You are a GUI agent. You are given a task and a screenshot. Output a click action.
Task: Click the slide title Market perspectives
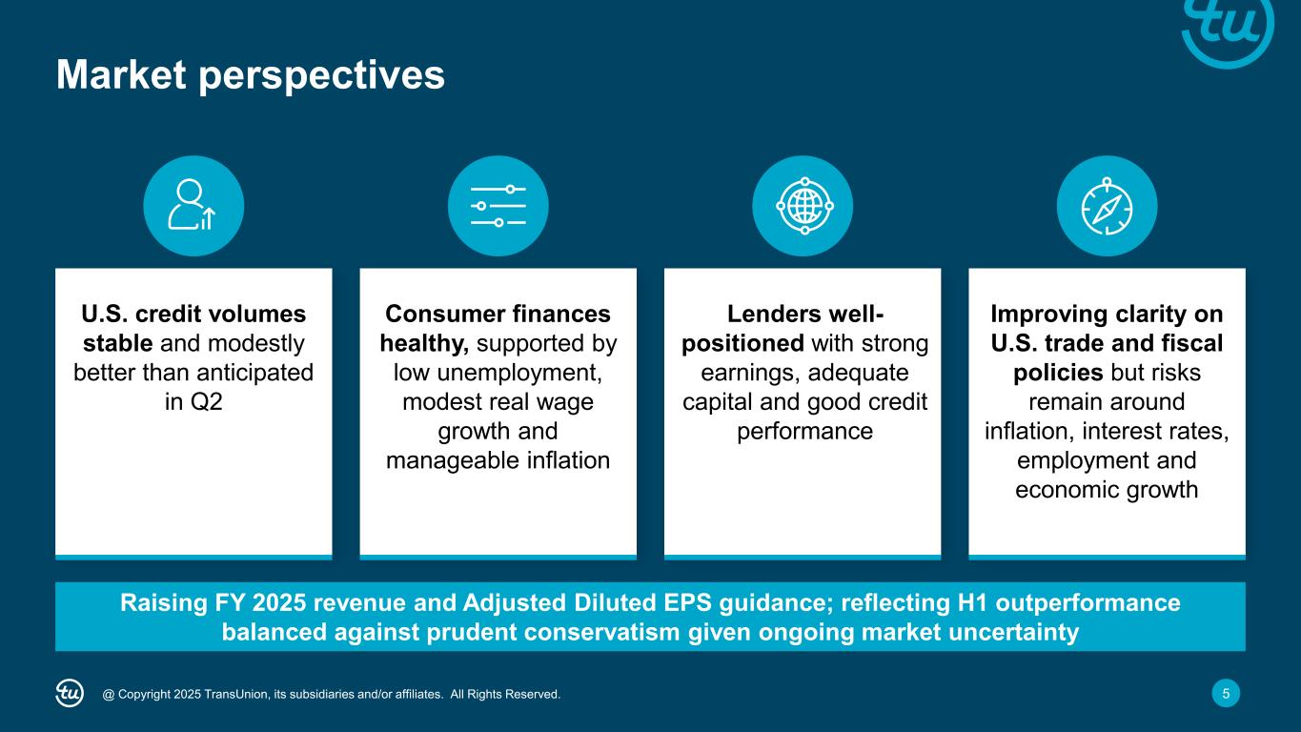[x=251, y=75]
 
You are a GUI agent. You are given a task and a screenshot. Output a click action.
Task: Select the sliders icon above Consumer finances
[x=498, y=206]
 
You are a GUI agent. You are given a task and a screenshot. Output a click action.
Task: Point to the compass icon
[x=1107, y=206]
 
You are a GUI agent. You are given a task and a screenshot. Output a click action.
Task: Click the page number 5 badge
[x=1226, y=693]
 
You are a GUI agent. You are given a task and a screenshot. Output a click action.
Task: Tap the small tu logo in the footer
[x=70, y=693]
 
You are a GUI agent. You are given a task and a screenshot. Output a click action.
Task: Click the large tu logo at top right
[x=1228, y=29]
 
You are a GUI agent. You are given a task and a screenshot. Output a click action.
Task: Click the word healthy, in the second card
[x=424, y=344]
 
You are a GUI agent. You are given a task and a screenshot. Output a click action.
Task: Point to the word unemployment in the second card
[x=519, y=373]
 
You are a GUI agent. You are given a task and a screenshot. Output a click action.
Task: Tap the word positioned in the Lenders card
[x=742, y=344]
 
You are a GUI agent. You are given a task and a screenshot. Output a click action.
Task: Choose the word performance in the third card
[x=804, y=432]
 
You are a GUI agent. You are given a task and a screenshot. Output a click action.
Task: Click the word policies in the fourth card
[x=1058, y=373]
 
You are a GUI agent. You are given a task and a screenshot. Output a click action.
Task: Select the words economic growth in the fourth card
[x=1107, y=490]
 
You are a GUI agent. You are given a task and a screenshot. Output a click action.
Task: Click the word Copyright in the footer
[x=145, y=694]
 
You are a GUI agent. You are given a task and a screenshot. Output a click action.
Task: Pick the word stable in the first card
[x=117, y=344]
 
